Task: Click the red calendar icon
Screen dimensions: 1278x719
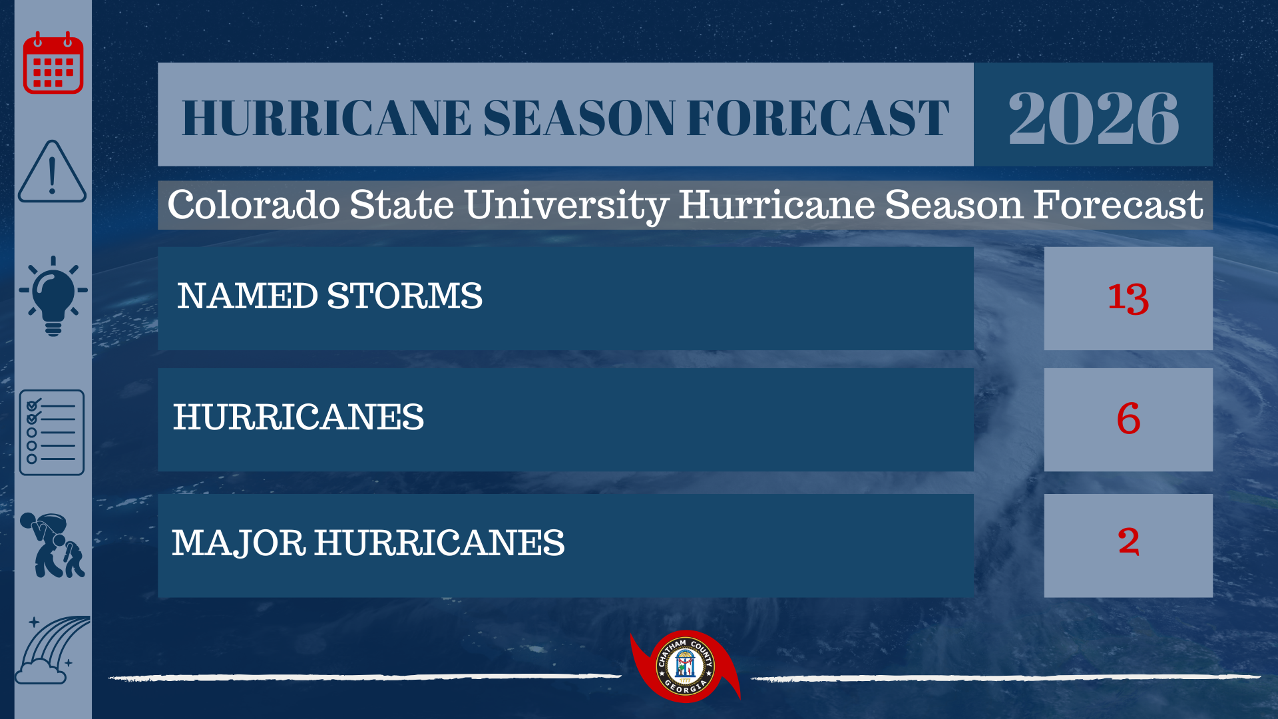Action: tap(53, 63)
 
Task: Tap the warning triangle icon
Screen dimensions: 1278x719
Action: tap(52, 171)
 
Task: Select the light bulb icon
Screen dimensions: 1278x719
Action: tap(53, 296)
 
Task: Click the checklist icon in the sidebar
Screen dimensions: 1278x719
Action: tap(52, 433)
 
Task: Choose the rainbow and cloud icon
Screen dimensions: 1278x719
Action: tap(52, 650)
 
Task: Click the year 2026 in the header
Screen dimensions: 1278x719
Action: tap(1094, 118)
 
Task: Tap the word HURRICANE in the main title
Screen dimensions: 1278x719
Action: tap(326, 119)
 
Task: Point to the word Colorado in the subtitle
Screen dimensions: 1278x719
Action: tap(254, 204)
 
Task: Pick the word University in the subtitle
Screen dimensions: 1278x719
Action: tap(566, 206)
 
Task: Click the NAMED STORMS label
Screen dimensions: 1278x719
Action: tap(329, 296)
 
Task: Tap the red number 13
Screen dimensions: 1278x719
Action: tap(1128, 298)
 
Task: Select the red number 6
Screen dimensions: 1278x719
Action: tap(1128, 419)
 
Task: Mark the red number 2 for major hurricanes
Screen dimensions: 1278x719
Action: tap(1128, 541)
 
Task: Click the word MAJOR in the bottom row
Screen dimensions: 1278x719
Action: tap(239, 543)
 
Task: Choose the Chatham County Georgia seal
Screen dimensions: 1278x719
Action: tap(685, 666)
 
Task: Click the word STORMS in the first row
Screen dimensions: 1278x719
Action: tap(405, 296)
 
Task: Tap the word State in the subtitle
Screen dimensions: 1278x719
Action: tap(402, 204)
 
